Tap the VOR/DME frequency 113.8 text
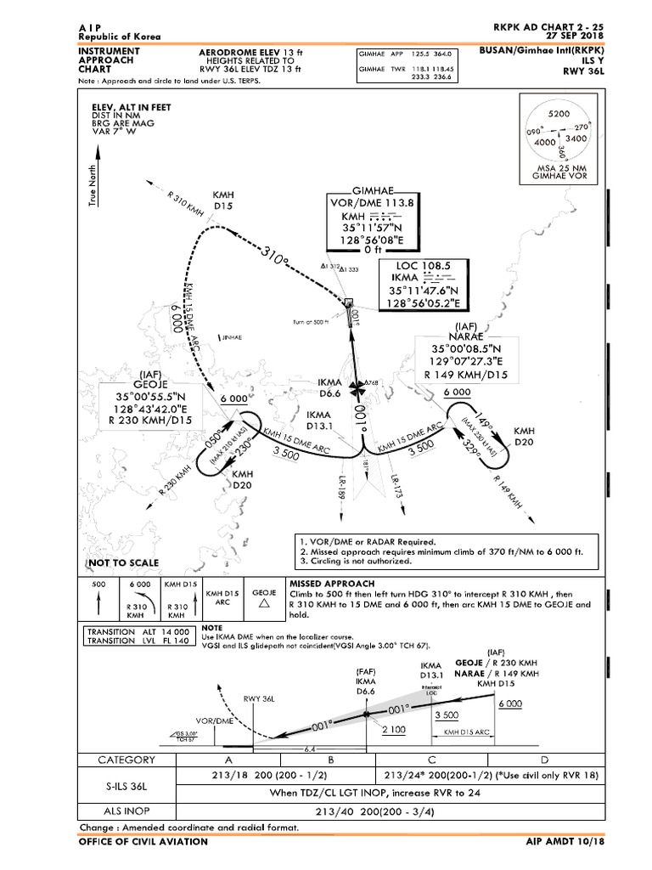coord(373,202)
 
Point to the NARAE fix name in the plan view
coord(467,336)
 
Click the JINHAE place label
coord(232,338)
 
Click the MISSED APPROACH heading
coord(331,584)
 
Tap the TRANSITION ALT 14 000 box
coord(138,631)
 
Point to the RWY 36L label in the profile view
coord(260,699)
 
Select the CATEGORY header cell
coord(127,760)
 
